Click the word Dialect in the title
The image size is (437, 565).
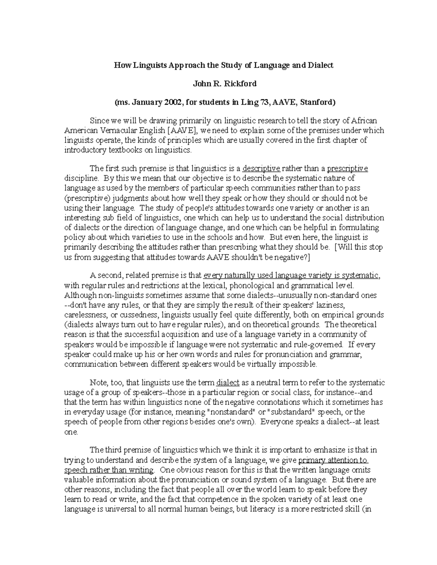(320, 65)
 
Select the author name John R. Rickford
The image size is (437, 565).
(225, 84)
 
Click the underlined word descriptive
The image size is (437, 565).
(261, 168)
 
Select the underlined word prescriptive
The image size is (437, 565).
(347, 168)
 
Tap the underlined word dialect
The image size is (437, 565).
(228, 383)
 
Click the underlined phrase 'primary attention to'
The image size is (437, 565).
(333, 460)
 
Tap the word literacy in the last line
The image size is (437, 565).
(261, 509)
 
